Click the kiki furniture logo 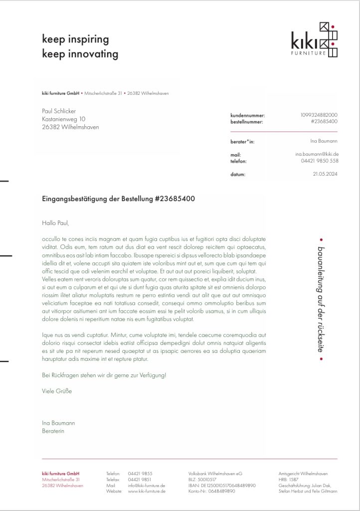click(315, 40)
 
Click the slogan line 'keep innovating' click(80, 54)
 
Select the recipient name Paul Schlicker click(59, 111)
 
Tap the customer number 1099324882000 click(319, 115)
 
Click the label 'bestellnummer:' click(247, 122)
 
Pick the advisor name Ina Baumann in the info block click(324, 141)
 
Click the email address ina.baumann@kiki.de click(317, 155)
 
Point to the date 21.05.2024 click(326, 174)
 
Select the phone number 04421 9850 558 click(320, 161)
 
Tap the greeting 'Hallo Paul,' click(55, 223)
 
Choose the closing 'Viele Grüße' click(57, 391)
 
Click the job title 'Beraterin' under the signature click(53, 431)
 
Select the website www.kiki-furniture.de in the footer click(147, 491)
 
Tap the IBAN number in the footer click(222, 485)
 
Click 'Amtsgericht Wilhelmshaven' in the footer click(303, 473)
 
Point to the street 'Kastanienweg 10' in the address click(63, 119)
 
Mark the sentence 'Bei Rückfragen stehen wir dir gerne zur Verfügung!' click(104, 375)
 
